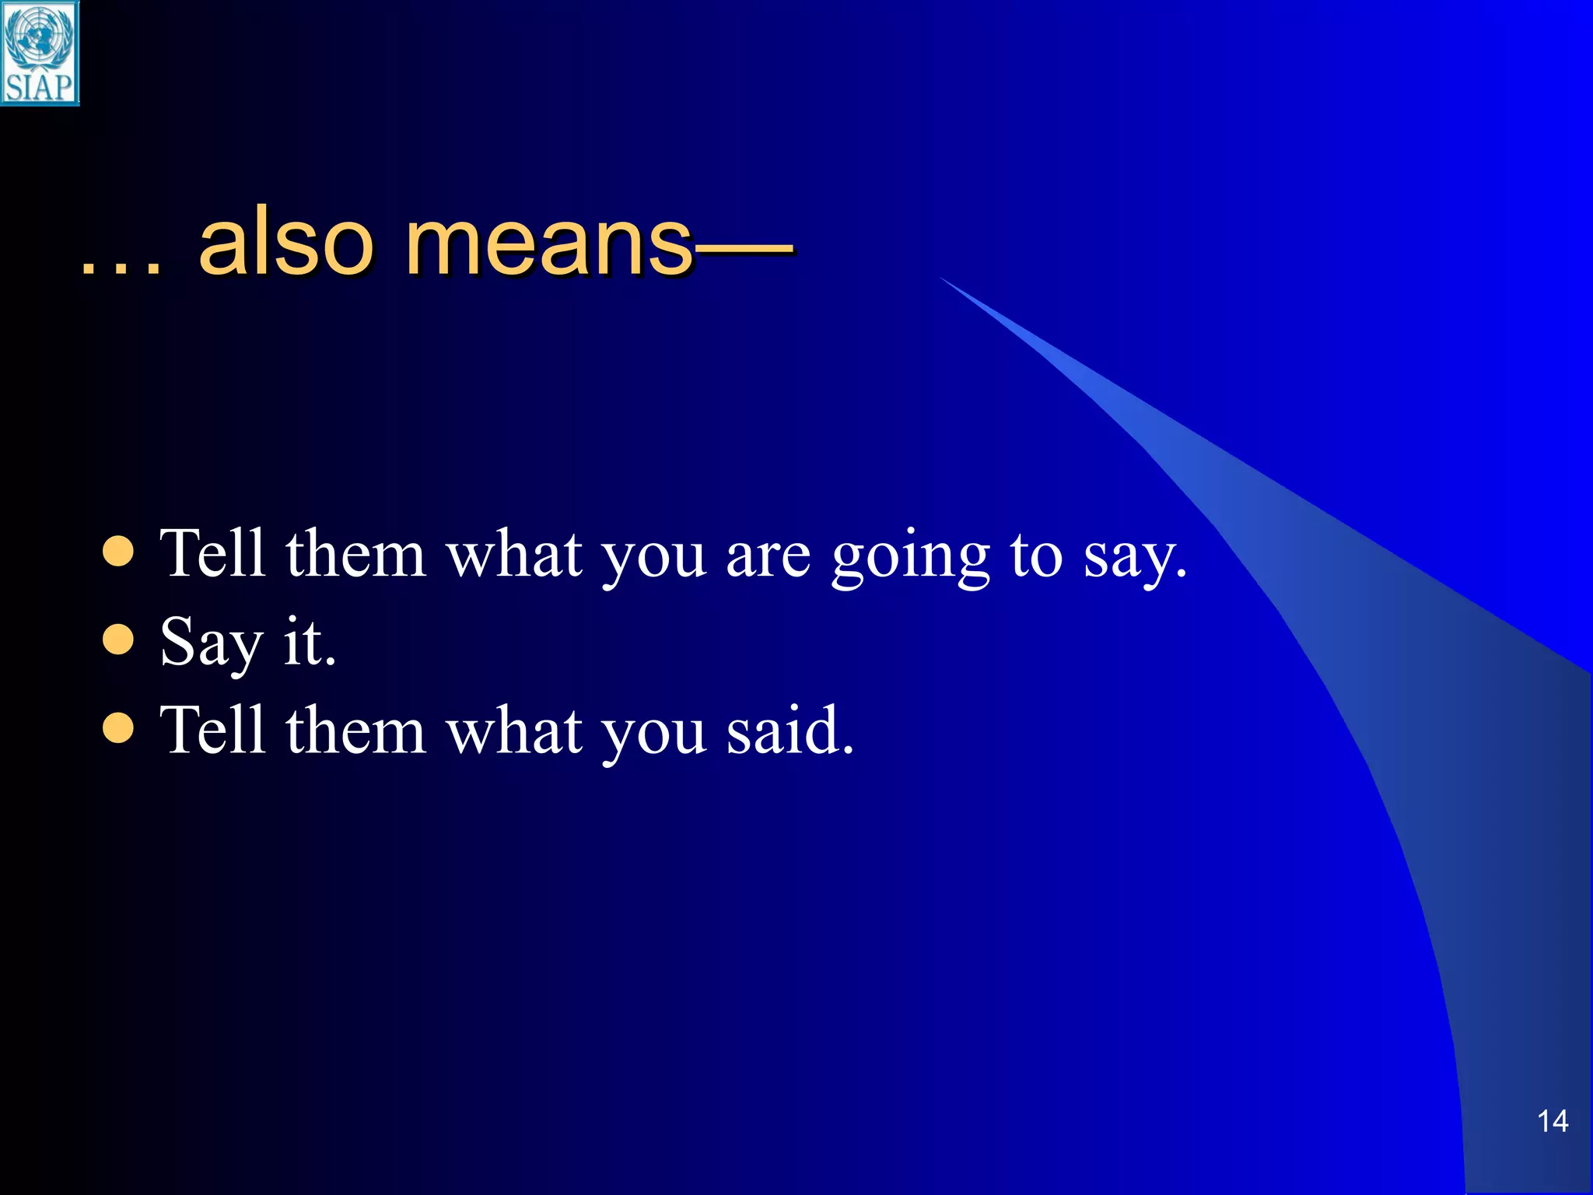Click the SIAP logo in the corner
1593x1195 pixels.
coord(40,53)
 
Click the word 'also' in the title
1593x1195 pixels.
coord(286,243)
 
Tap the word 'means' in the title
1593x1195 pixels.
coord(548,243)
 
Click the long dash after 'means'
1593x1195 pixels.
coord(743,251)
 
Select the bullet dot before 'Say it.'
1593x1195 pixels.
coord(118,640)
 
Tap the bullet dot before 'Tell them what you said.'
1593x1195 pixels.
coord(118,729)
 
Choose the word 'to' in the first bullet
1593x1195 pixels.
coord(1036,556)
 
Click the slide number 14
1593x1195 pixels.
coord(1552,1121)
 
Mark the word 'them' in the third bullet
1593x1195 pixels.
coord(355,731)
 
